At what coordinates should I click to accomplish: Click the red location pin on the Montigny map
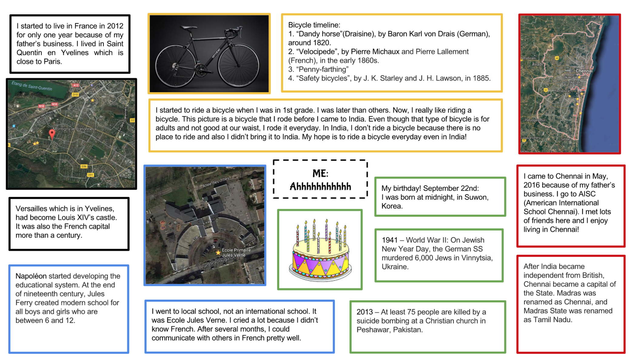52,133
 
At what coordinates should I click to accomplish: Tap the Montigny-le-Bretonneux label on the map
75,129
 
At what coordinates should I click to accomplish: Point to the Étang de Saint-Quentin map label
32,86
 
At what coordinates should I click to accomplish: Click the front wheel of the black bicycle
238,66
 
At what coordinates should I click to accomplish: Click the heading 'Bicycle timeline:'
314,25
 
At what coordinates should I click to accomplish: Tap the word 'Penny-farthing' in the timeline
323,69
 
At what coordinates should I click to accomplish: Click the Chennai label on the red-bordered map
584,71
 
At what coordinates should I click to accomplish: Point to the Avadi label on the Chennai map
537,64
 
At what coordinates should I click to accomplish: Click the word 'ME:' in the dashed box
320,173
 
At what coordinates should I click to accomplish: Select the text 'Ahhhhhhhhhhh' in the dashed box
320,187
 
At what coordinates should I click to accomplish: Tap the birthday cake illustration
320,250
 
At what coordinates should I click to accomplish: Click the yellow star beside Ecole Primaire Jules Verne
218,252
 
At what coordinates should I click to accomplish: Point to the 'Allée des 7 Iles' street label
216,182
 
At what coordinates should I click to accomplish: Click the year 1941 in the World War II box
389,240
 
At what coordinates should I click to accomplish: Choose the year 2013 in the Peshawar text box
364,312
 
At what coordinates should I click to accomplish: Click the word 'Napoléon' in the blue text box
31,276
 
